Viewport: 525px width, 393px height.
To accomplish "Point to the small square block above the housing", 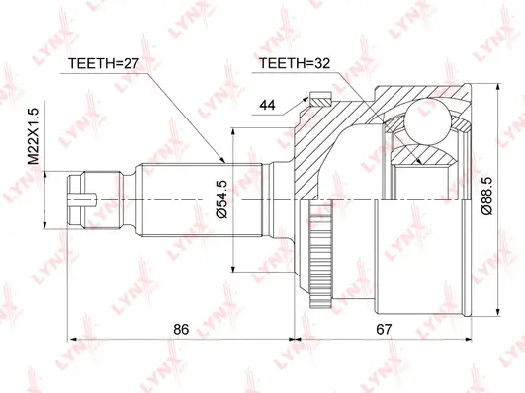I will (x=318, y=99).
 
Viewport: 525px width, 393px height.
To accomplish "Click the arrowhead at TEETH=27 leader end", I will (x=226, y=158).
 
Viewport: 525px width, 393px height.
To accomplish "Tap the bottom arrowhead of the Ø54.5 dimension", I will (x=233, y=267).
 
